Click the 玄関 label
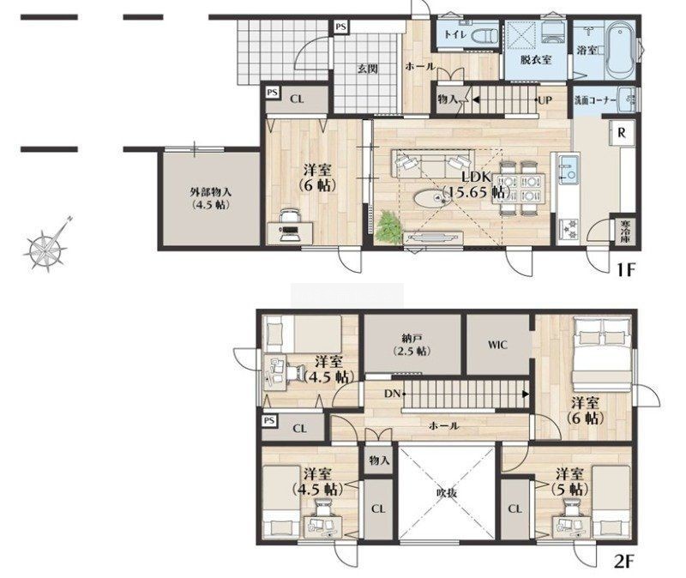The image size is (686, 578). (x=368, y=69)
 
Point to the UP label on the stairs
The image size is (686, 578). (x=545, y=100)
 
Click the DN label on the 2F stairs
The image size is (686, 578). (x=392, y=394)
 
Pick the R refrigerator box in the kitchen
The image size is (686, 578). (x=621, y=133)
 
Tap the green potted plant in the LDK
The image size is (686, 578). (x=389, y=227)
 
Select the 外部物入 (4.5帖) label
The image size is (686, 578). (x=211, y=198)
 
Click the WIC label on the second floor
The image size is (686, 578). (x=497, y=345)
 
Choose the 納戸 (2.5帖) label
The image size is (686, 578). (x=412, y=345)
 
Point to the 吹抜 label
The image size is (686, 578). (x=447, y=493)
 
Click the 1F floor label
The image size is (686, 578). (x=626, y=269)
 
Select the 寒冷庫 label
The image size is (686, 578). (x=625, y=232)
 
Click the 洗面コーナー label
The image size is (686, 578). (x=595, y=100)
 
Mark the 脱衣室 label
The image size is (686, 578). (x=535, y=60)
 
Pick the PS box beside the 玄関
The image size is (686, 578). (x=340, y=27)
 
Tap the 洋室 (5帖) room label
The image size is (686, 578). (x=569, y=481)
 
